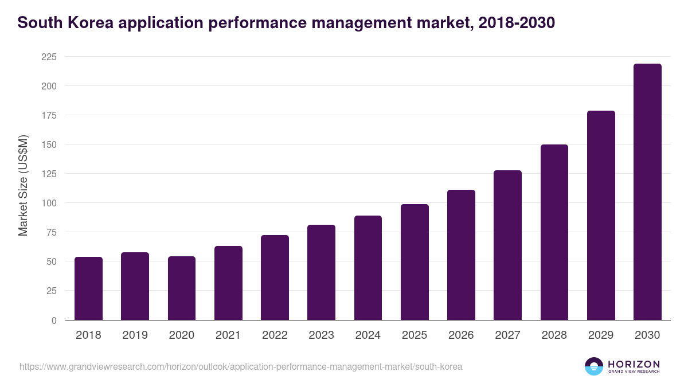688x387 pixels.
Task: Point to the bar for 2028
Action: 554,232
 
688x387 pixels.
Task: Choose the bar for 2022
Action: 275,277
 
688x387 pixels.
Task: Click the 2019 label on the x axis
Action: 135,335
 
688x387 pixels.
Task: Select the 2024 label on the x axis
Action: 368,335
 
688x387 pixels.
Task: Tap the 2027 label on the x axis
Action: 507,335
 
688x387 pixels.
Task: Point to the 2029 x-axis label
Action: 601,335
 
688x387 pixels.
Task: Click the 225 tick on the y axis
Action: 49,57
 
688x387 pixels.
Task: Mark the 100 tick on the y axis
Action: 49,203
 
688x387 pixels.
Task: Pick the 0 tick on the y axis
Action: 54,320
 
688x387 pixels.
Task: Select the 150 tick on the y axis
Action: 49,144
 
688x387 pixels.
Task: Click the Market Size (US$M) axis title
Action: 23,185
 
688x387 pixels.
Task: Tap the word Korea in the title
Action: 85,22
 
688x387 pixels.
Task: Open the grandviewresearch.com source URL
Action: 241,366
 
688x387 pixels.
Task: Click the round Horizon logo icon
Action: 594,366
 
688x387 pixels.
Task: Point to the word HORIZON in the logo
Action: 634,364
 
